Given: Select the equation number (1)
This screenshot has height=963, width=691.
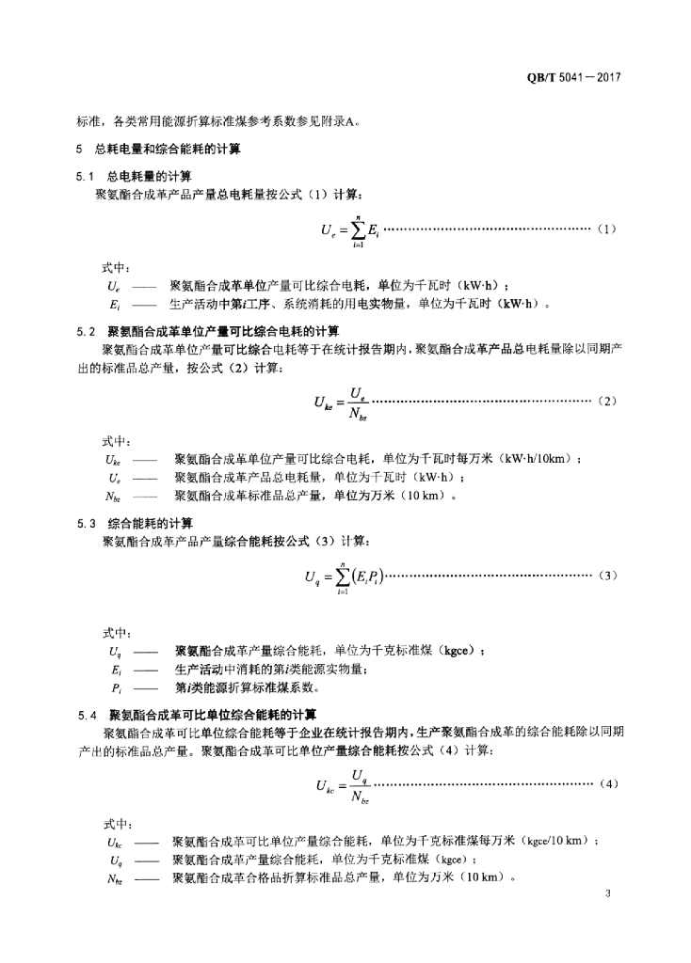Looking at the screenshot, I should (x=606, y=229).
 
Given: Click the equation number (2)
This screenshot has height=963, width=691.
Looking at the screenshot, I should (x=606, y=401).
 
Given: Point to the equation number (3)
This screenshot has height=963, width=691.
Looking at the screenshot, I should (x=606, y=575).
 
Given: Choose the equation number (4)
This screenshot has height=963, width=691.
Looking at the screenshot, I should (x=607, y=783).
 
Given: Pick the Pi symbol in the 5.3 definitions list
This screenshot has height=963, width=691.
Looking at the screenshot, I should (x=115, y=687).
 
